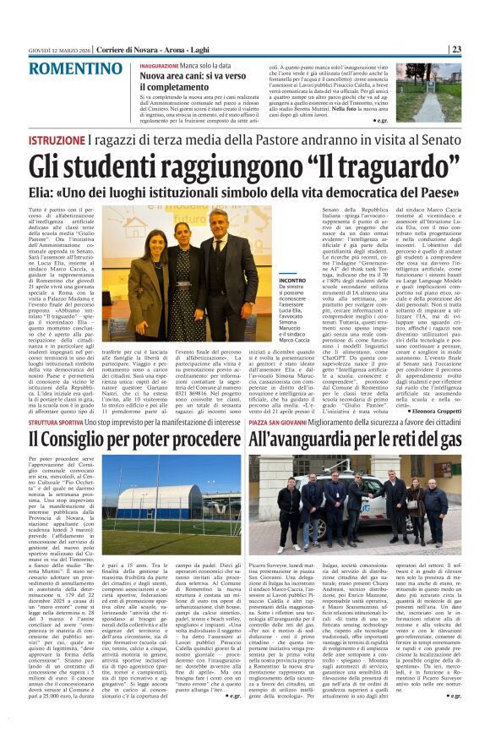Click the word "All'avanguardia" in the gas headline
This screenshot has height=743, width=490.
[314, 440]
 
